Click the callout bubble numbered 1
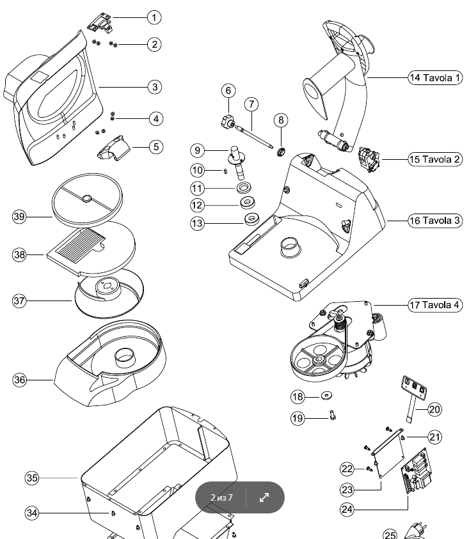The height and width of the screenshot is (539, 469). pos(154,17)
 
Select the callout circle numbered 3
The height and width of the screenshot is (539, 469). pos(154,86)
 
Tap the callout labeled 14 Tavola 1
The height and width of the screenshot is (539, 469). pos(435,78)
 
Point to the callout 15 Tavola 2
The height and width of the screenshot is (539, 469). pos(435,159)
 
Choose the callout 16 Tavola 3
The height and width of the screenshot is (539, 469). pos(435,221)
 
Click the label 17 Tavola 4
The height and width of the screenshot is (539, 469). pos(435,305)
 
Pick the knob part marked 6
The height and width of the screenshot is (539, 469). pos(228,119)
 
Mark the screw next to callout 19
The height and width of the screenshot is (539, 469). pos(332,416)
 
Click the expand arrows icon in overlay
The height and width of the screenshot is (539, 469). pos(264,497)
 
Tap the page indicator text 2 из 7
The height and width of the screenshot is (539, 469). pos(221,497)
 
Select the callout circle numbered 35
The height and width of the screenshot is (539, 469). pos(33,478)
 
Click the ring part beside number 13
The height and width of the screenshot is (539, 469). pos(250,220)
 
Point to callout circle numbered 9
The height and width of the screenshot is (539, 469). pos(198,150)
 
